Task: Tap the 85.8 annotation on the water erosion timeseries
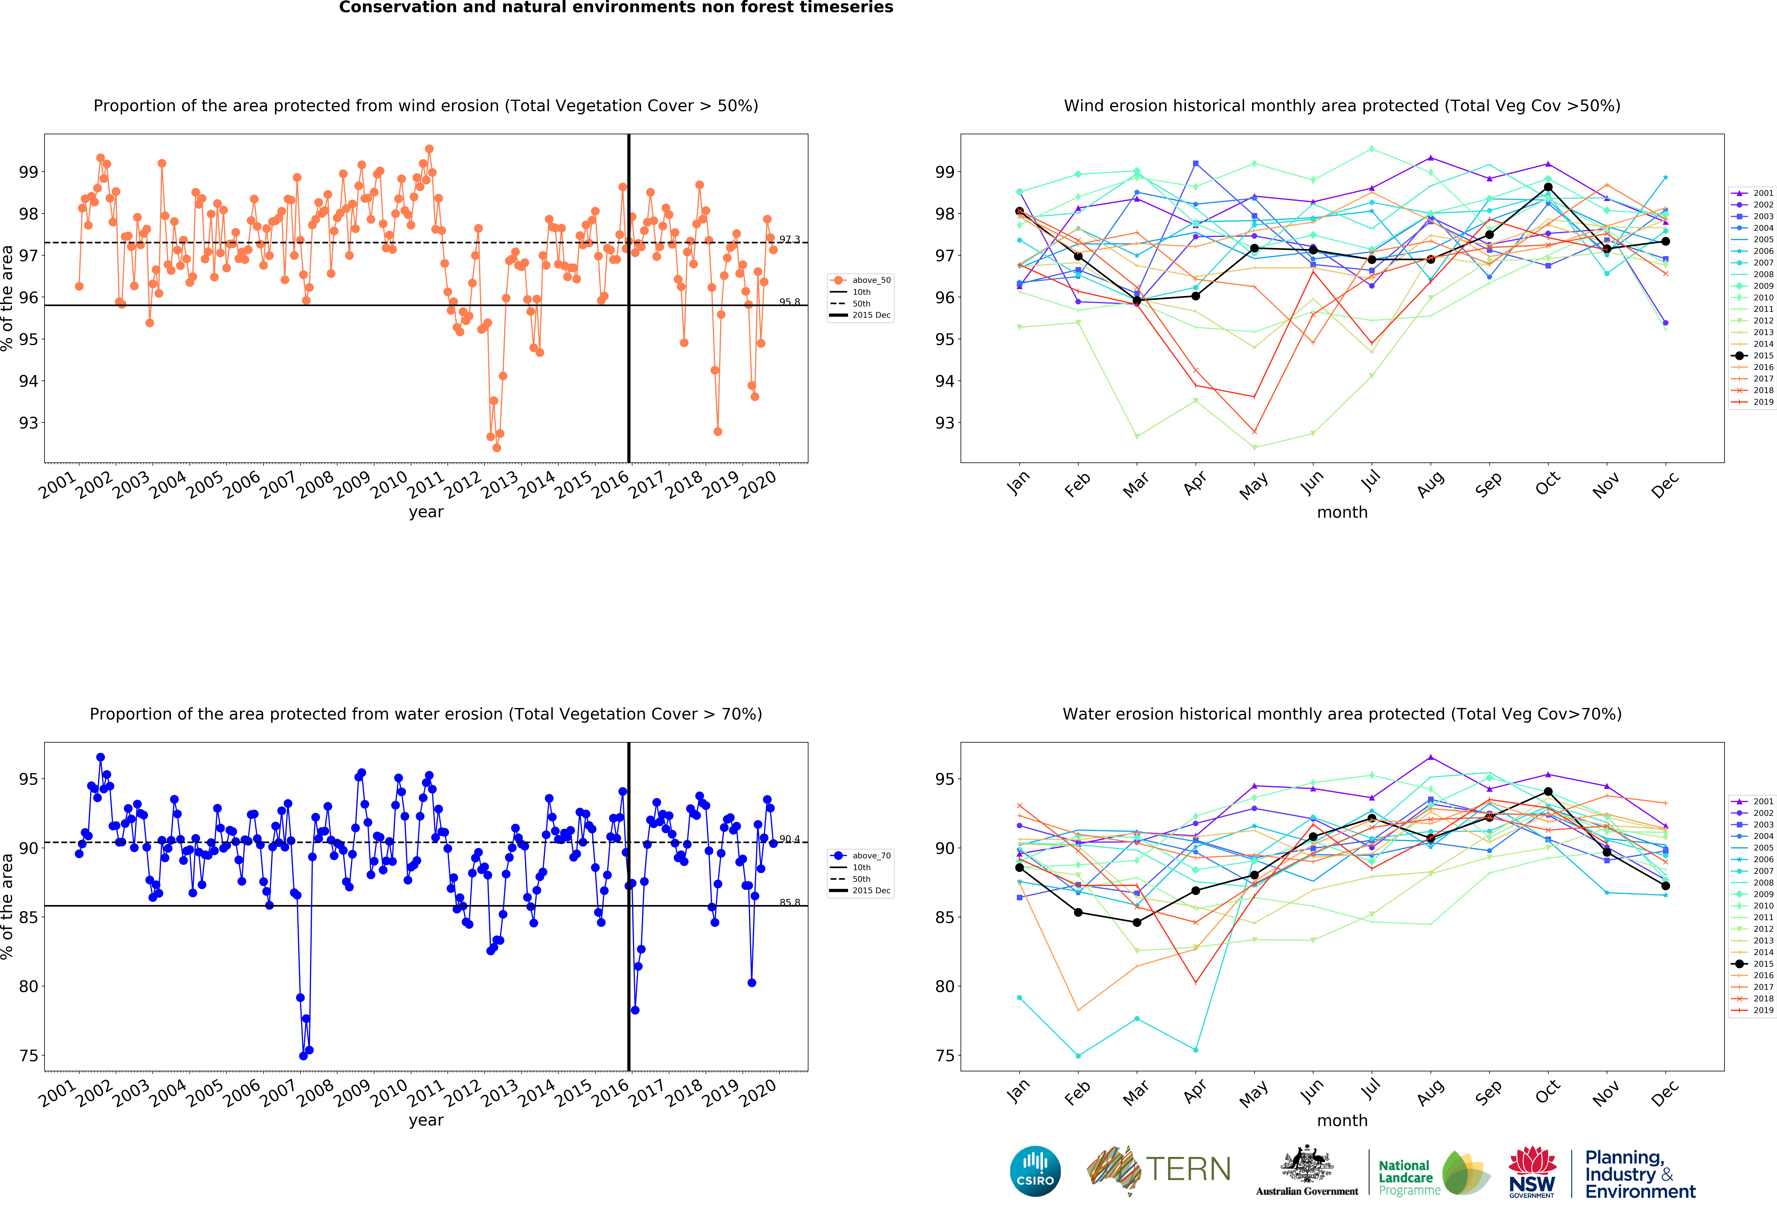tap(789, 902)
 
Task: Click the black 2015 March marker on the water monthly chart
tap(1137, 922)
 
